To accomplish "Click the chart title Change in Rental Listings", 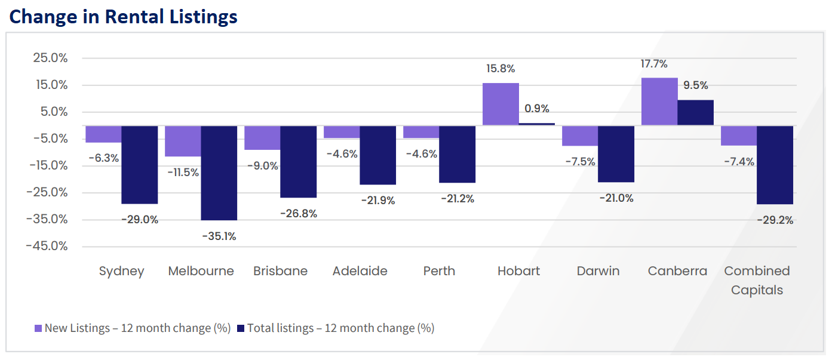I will pyautogui.click(x=124, y=16).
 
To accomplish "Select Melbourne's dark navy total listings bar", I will pyautogui.click(x=219, y=173).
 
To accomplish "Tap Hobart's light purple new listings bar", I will pyautogui.click(x=501, y=104).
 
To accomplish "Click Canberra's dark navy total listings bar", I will pyautogui.click(x=695, y=112).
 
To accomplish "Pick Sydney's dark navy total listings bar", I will pyautogui.click(x=139, y=164).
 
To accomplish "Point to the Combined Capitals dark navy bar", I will pyautogui.click(x=775, y=165).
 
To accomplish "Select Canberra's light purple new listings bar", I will pyautogui.click(x=659, y=101).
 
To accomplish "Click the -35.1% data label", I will pyautogui.click(x=219, y=236).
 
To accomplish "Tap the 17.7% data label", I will pyautogui.click(x=654, y=64).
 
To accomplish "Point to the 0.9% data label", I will pyautogui.click(x=536, y=109).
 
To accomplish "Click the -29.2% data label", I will pyautogui.click(x=776, y=220).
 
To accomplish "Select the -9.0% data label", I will pyautogui.click(x=263, y=166).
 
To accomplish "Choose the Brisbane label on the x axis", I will pyautogui.click(x=280, y=271).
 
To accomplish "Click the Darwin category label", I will pyautogui.click(x=598, y=271).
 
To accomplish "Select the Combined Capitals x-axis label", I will pyautogui.click(x=757, y=280).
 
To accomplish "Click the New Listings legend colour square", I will pyautogui.click(x=38, y=328).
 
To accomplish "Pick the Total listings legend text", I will pyautogui.click(x=340, y=328).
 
